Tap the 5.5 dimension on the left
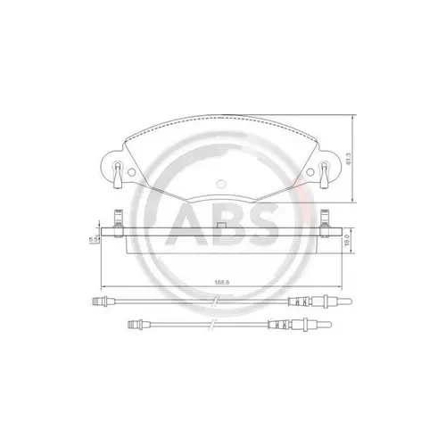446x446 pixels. point(93,239)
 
